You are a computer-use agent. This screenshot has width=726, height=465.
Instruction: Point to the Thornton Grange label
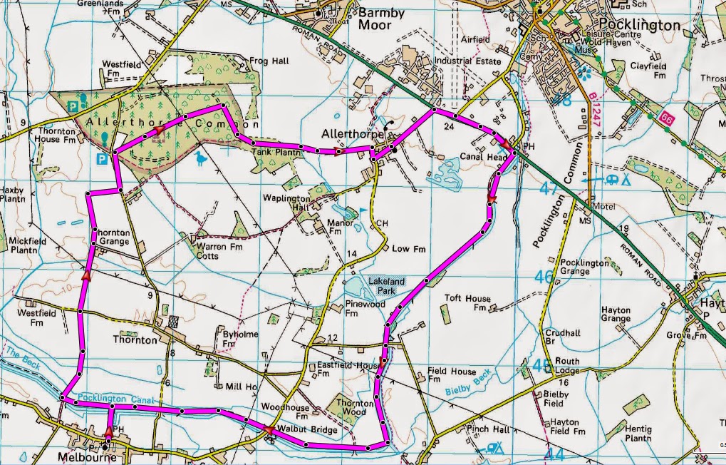111,236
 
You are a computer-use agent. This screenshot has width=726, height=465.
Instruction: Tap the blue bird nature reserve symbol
204,159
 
